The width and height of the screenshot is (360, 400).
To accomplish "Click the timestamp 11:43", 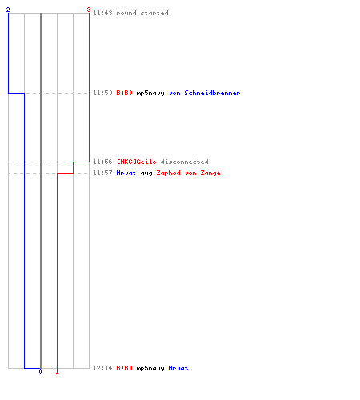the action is [x=102, y=13].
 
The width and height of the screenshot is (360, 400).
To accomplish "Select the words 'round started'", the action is [x=142, y=13].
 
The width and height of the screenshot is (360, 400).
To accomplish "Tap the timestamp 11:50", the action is [x=102, y=93].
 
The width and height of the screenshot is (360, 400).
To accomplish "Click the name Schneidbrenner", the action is [x=212, y=93].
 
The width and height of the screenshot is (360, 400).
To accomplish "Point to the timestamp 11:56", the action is [x=102, y=162].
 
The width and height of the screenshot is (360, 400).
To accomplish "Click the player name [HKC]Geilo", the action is [x=137, y=162].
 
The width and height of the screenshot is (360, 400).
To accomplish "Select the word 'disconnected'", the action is [x=185, y=162].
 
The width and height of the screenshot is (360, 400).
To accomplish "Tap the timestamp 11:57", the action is [x=102, y=173].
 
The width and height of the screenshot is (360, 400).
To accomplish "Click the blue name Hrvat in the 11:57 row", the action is [x=126, y=173].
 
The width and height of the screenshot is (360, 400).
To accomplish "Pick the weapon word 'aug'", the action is [x=146, y=174].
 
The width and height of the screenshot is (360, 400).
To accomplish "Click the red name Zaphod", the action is [x=168, y=174].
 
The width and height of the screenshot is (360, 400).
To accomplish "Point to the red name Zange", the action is [x=210, y=174].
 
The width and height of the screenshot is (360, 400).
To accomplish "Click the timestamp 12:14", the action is [x=102, y=368].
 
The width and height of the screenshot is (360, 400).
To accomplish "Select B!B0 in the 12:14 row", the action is [x=125, y=368].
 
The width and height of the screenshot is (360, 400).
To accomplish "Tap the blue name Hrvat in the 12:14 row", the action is [x=178, y=368].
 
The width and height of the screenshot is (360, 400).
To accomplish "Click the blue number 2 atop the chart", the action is [x=8, y=10].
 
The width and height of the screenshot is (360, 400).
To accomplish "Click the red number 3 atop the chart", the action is [x=89, y=10].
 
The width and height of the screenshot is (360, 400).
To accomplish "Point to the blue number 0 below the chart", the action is [x=40, y=371].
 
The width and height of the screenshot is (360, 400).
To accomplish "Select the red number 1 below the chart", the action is [x=57, y=371].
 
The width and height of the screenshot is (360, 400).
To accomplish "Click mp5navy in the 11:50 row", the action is [x=150, y=94].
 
